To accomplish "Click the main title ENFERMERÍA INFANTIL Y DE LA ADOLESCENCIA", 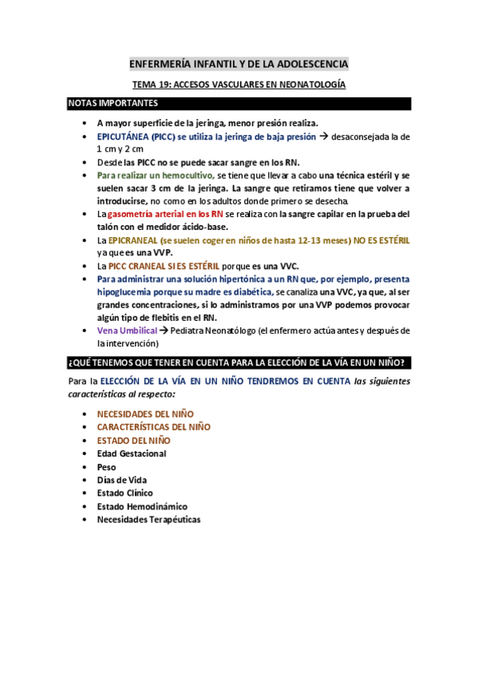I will coord(239,64).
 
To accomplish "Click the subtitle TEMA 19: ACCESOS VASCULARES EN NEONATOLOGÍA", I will coord(239,84).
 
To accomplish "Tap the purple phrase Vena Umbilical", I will coord(125,331).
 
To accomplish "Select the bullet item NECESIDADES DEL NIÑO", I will coord(144,414).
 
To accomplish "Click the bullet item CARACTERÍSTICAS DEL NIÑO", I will coord(153,427).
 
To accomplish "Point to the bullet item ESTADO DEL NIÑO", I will coord(133,440).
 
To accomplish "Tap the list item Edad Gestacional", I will coord(131,453).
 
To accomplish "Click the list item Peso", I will coord(106,467).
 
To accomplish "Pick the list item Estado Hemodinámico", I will coord(141,506).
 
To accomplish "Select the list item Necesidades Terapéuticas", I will coord(148,520).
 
